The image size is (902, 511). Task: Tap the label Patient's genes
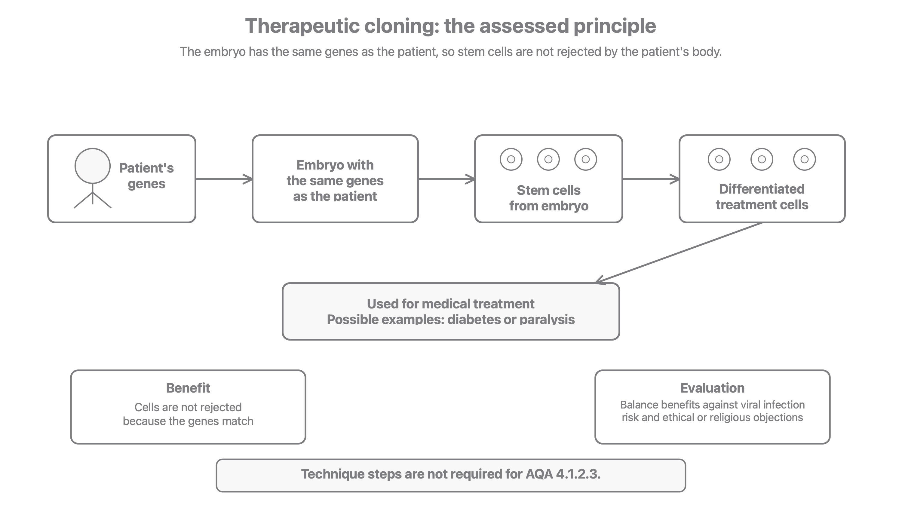pos(146,176)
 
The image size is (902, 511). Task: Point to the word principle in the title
pos(615,26)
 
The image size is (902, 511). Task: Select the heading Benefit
pos(188,388)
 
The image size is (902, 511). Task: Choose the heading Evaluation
pos(713,388)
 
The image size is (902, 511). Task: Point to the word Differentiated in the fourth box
pos(762,189)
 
